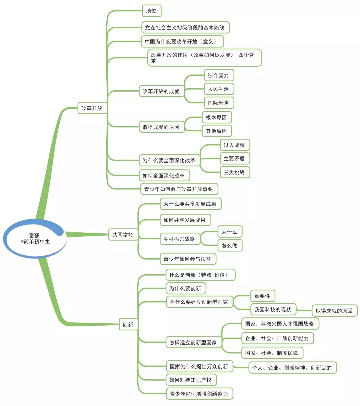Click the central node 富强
pos(35,238)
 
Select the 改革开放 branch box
pos(92,108)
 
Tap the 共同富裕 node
pos(123,235)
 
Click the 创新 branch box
pos(128,324)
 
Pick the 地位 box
pos(151,11)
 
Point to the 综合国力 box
pos(218,75)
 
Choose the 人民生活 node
pos(218,89)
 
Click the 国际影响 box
pos(218,103)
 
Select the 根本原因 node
pos(216,117)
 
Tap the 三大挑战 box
pos(234,172)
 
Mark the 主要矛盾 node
pos(234,159)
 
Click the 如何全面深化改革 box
pos(164,175)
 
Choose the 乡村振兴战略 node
pos(179,239)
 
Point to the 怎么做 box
pos(229,245)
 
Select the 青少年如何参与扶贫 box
pos(187,259)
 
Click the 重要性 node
pos(262,296)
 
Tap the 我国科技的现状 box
pos(273,309)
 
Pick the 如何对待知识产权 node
pos(190,380)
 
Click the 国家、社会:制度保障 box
pos(272,353)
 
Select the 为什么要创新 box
pos(185,288)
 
